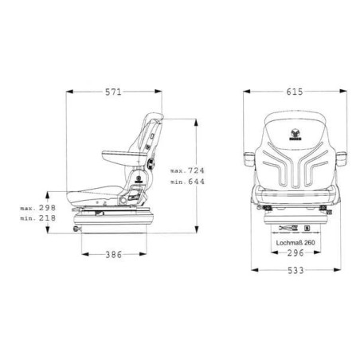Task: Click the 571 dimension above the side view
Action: (x=113, y=92)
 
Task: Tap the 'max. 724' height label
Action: (x=188, y=170)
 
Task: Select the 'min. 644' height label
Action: (x=188, y=182)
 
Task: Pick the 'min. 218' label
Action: (x=37, y=217)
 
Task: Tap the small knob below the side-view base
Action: (x=78, y=230)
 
